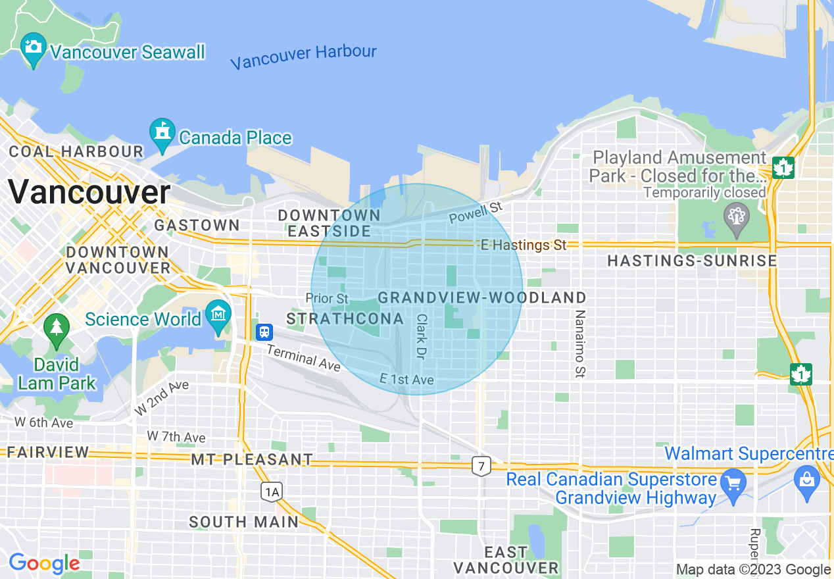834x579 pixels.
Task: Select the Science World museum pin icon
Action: pyautogui.click(x=218, y=315)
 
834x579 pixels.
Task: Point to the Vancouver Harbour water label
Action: pyautogui.click(x=303, y=57)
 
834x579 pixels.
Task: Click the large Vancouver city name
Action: pyautogui.click(x=89, y=193)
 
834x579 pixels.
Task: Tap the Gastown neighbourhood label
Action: pyautogui.click(x=197, y=225)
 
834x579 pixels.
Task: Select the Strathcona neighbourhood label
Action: pyautogui.click(x=345, y=319)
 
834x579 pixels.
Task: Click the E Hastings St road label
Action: pyautogui.click(x=523, y=245)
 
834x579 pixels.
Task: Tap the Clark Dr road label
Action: pyautogui.click(x=421, y=336)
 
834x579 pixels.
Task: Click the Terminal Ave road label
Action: pyautogui.click(x=303, y=357)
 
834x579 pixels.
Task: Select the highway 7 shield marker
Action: pyautogui.click(x=481, y=466)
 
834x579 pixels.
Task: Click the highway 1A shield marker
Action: pyautogui.click(x=271, y=491)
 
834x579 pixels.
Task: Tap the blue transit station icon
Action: pyautogui.click(x=264, y=332)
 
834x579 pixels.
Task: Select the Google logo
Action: pyautogui.click(x=44, y=564)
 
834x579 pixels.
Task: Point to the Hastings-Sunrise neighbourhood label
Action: pyautogui.click(x=692, y=261)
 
